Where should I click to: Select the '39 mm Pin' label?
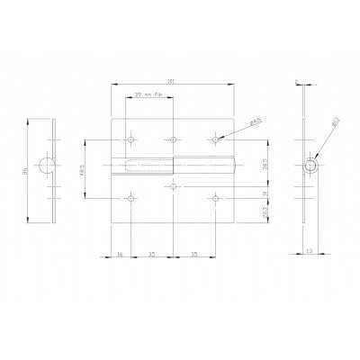(x=148, y=93)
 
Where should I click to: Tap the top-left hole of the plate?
(x=131, y=140)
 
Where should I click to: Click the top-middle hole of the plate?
(x=172, y=140)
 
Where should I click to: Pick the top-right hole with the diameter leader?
(x=216, y=139)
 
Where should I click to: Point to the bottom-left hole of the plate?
(x=131, y=198)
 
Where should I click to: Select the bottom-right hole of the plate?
(x=216, y=198)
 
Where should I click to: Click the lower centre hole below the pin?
(x=172, y=187)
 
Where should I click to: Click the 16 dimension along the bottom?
(x=121, y=256)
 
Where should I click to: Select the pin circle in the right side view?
(x=310, y=166)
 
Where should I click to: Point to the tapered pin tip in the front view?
(x=122, y=166)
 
